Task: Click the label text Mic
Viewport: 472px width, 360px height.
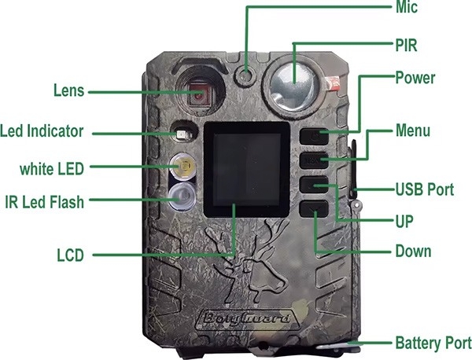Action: [407, 7]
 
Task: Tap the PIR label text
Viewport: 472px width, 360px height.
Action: [406, 46]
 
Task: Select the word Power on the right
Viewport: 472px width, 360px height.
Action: [415, 78]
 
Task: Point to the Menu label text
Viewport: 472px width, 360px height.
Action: [413, 130]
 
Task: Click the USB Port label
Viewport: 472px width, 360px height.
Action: [425, 189]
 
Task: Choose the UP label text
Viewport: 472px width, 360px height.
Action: [404, 222]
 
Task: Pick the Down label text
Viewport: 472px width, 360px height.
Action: [413, 251]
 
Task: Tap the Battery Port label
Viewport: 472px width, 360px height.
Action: [433, 343]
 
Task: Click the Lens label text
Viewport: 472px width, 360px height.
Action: [68, 90]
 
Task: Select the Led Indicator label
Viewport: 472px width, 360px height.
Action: [42, 131]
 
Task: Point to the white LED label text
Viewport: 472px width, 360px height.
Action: [52, 169]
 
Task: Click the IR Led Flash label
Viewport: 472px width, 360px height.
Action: [45, 202]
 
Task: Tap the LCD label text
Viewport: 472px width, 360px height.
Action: [71, 255]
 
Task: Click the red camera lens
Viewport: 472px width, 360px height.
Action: [200, 94]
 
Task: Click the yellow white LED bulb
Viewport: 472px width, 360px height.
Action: [183, 167]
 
